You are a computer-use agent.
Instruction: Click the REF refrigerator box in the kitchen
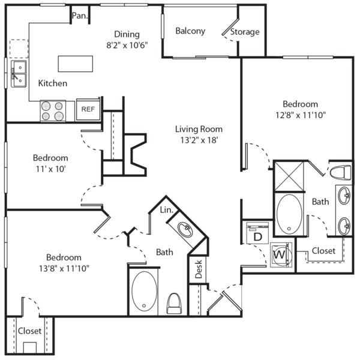88,109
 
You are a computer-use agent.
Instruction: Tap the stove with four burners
53,110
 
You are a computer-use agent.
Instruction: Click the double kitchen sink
18,73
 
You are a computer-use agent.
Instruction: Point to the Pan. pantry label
80,16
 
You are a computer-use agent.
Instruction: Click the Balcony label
190,31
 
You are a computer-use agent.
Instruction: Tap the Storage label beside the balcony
245,31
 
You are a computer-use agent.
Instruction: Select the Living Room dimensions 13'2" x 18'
199,140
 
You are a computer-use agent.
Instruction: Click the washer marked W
280,254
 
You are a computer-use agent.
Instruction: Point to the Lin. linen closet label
167,211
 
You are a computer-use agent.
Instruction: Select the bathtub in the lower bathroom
143,292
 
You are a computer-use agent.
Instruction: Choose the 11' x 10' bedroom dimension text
50,169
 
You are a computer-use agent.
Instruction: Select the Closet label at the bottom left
29,331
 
